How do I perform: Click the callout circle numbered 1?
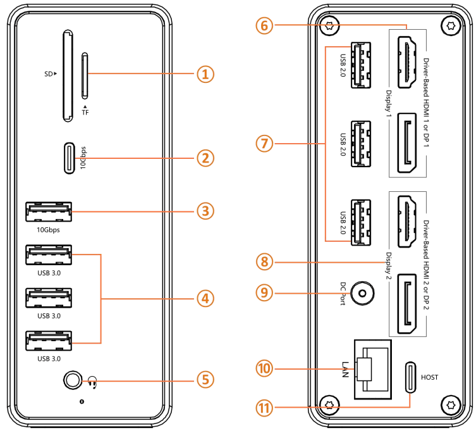[x=204, y=74]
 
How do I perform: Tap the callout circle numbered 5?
[x=204, y=379]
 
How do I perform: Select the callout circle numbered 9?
[x=266, y=293]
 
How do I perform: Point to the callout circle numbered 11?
[x=266, y=407]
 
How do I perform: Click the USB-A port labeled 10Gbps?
[x=49, y=212]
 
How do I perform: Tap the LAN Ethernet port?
[x=371, y=368]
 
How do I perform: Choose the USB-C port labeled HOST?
[x=412, y=377]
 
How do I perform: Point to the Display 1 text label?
[x=388, y=105]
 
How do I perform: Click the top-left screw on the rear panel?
[x=327, y=27]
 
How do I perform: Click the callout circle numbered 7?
[x=266, y=144]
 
